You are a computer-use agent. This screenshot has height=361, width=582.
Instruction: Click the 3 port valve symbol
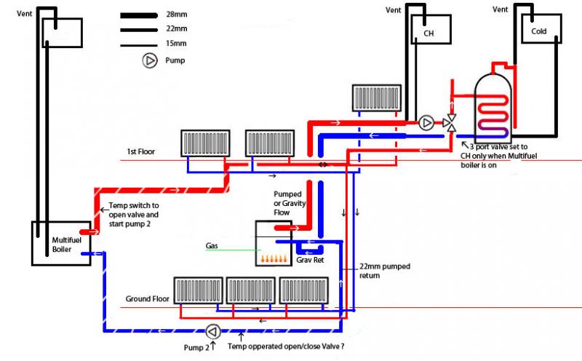tap(452, 122)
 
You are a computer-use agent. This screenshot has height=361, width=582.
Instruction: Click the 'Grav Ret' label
tap(309, 260)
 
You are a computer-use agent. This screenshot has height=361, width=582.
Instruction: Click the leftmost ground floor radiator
tap(196, 290)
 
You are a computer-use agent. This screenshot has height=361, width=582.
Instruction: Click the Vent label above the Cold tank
tap(501, 9)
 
